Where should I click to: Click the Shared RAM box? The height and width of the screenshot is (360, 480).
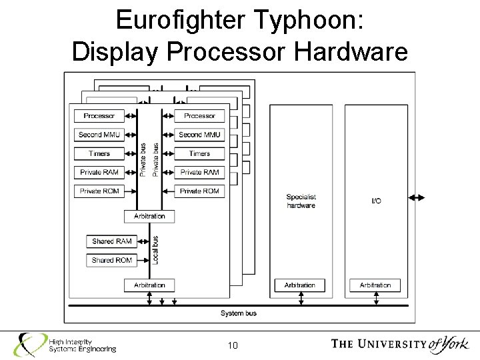pos(111,241)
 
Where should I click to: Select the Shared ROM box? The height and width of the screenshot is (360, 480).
pos(111,259)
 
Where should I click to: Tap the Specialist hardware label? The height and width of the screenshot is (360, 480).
pos(301,201)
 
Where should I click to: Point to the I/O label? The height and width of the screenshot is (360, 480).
pos(375,201)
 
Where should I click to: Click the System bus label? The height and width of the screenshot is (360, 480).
pos(238,313)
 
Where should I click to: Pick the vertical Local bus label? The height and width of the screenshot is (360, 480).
pos(156,249)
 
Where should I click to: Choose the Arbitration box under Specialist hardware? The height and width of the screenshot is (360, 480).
pos(300,285)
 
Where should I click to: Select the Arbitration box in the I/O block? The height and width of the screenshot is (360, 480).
pos(375,285)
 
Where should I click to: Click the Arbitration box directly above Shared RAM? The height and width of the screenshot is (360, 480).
pos(149,217)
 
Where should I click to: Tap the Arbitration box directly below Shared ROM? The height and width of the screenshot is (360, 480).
pos(149,285)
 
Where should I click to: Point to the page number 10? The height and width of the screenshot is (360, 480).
pos(233,345)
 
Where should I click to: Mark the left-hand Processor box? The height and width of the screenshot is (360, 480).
pos(99,115)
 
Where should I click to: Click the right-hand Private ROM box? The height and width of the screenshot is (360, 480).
pos(199,191)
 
